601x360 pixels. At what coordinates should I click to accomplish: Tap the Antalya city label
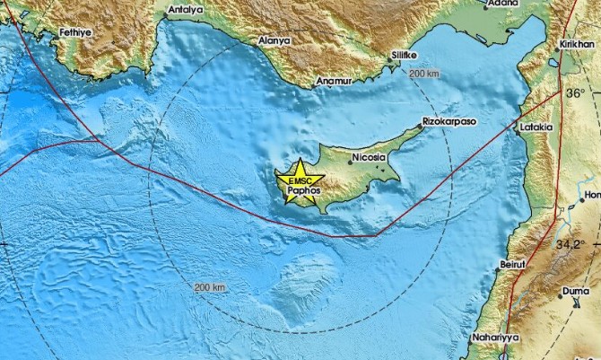[x=186, y=11]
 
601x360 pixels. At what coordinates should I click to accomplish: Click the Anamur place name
[x=335, y=83]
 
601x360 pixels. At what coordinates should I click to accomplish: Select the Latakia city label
[x=536, y=127]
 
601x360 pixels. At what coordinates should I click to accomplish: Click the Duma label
[x=573, y=291]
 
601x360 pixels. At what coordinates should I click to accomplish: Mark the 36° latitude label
[x=575, y=92]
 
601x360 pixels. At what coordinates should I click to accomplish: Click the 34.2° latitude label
[x=570, y=244]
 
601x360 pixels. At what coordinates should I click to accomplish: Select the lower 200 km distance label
[x=209, y=286]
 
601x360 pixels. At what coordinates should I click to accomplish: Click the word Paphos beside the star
[x=303, y=190]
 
